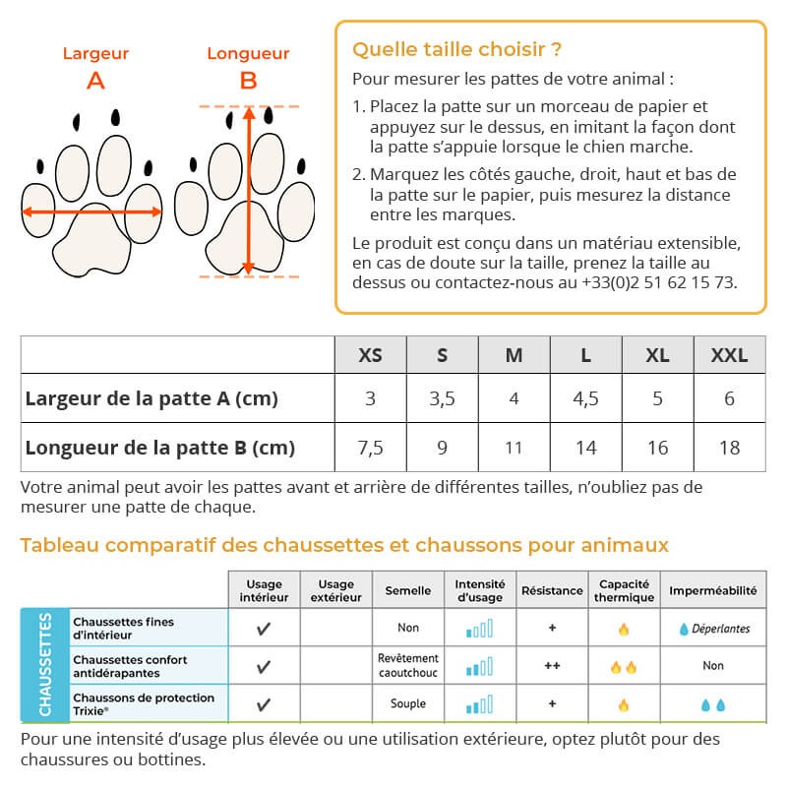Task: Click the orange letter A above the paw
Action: [95, 81]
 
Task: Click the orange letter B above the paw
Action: [248, 81]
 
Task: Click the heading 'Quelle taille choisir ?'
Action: [456, 50]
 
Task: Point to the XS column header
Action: [370, 355]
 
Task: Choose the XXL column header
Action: [729, 355]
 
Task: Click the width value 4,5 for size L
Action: [585, 398]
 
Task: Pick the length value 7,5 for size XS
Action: [370, 448]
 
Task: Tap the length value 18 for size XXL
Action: [729, 448]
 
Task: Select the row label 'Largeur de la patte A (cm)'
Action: [151, 398]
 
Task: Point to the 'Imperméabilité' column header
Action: [713, 590]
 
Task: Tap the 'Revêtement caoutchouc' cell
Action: [408, 665]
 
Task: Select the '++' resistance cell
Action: [552, 665]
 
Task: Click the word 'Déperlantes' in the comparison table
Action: [720, 629]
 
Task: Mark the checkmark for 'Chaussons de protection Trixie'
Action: [264, 704]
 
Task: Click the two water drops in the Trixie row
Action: [712, 704]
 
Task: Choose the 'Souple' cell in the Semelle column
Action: [408, 703]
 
